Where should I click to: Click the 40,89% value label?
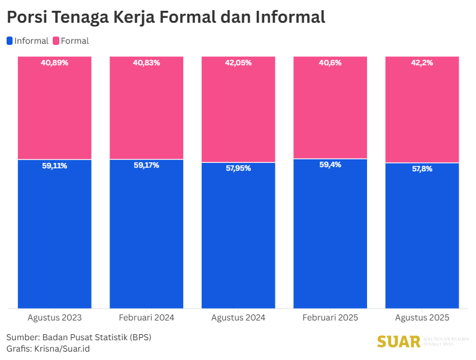point(54,63)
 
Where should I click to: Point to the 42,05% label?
point(238,63)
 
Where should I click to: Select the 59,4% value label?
point(330,165)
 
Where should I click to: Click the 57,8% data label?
point(422,169)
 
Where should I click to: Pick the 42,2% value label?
point(422,63)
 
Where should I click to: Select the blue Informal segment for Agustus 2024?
point(238,240)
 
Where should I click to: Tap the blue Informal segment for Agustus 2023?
point(54,240)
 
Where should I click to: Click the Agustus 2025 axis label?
point(422,318)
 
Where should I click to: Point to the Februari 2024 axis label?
point(146,318)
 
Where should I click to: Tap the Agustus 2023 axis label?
point(54,318)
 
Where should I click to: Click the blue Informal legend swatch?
point(10,41)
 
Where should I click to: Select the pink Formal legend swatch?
point(56,41)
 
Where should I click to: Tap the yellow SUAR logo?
point(399,341)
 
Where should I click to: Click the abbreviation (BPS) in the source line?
point(140,337)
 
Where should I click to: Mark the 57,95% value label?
point(238,169)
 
